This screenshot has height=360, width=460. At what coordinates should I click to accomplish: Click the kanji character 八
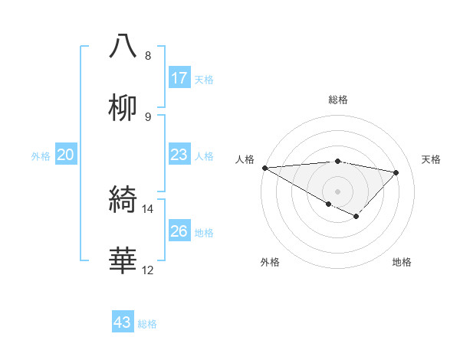pyautogui.click(x=123, y=46)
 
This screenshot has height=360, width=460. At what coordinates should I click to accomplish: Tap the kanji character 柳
pyautogui.click(x=123, y=108)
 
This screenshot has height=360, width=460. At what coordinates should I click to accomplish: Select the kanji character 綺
pyautogui.click(x=123, y=200)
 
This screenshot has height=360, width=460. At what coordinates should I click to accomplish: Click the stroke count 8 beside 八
pyautogui.click(x=148, y=56)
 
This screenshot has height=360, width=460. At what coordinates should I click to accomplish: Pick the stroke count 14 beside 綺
pyautogui.click(x=148, y=208)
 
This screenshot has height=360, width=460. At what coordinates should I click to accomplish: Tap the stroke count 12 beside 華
pyautogui.click(x=148, y=270)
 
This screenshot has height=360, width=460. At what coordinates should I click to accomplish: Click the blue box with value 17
pyautogui.click(x=179, y=78)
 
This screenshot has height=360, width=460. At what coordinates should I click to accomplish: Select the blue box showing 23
pyautogui.click(x=179, y=155)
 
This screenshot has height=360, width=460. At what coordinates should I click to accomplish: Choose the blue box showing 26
pyautogui.click(x=179, y=231)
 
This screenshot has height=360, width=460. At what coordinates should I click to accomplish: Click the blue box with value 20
pyautogui.click(x=66, y=155)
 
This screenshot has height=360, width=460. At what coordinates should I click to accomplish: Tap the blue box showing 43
pyautogui.click(x=123, y=322)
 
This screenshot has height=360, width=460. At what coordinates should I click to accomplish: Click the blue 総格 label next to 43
pyautogui.click(x=147, y=324)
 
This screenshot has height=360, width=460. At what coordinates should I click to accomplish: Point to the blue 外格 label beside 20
pyautogui.click(x=41, y=156)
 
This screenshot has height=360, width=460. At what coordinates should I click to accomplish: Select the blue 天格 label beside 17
pyautogui.click(x=204, y=80)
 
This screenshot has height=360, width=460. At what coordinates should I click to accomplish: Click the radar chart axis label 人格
pyautogui.click(x=244, y=159)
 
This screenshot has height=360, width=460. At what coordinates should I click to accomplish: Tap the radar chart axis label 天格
pyautogui.click(x=432, y=159)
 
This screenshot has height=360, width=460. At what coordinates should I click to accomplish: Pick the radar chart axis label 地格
pyautogui.click(x=402, y=262)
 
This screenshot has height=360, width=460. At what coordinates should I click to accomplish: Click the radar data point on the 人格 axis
pyautogui.click(x=264, y=168)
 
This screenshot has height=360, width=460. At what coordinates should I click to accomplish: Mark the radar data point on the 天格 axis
pyautogui.click(x=396, y=172)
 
